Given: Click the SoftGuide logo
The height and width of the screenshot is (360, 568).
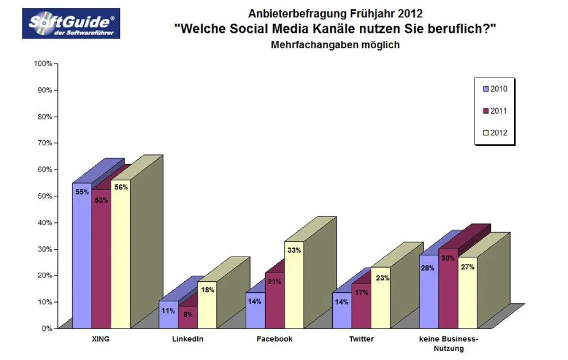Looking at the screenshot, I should coord(71,24).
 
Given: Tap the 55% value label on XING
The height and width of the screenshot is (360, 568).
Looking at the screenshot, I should coord(82,192).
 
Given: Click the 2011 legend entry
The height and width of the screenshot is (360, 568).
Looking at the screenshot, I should coord(494,111).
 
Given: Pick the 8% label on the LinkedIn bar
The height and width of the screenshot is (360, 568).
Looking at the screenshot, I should coord(187,314).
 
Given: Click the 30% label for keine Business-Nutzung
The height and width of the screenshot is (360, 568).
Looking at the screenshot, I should coord(448,259).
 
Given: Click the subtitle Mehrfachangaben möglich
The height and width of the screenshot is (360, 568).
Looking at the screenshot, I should coord(336,45).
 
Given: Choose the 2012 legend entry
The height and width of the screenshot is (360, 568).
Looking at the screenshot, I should coord(494,133).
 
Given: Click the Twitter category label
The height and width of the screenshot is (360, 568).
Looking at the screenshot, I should coord(362,339).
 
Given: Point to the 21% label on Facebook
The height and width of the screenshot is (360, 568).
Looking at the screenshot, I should coord(275,282).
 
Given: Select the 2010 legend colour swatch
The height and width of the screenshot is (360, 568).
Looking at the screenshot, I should coord(486,89).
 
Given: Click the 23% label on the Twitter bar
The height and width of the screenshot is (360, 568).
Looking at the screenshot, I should coord(381,279).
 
